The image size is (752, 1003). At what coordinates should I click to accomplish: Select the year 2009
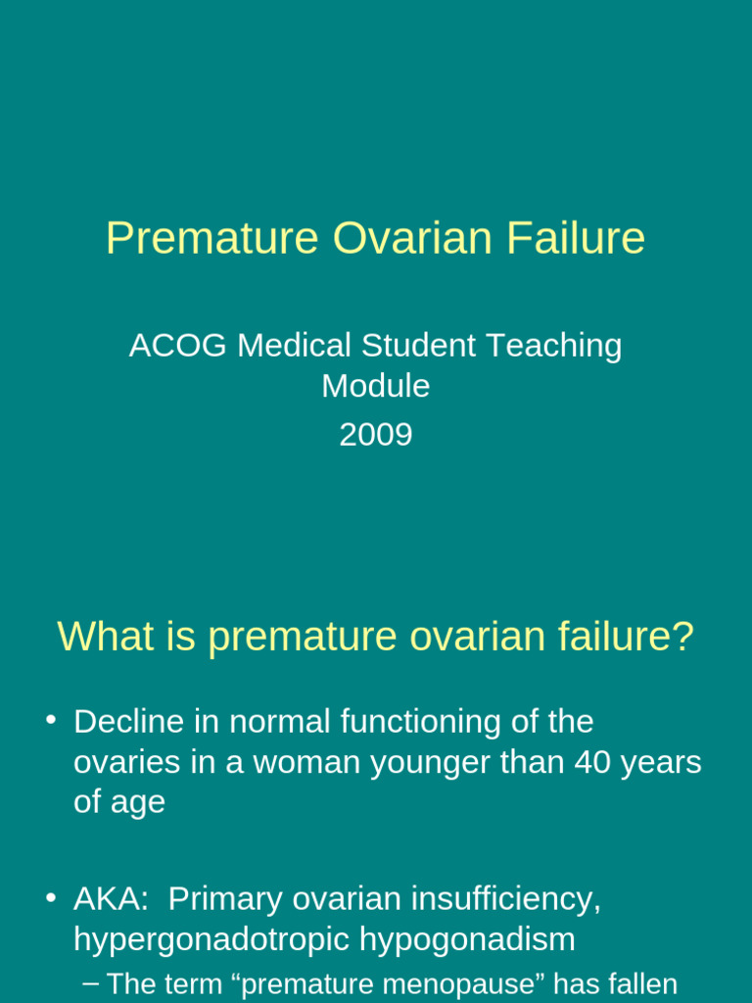click(376, 434)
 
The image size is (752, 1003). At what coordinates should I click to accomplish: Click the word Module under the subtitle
click(376, 386)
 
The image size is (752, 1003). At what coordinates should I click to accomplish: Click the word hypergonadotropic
click(211, 939)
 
